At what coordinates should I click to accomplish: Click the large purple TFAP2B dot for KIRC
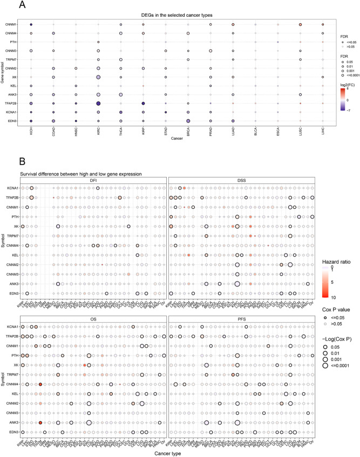pyautogui.click(x=98, y=103)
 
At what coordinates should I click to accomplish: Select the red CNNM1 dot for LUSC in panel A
pyautogui.click(x=300, y=25)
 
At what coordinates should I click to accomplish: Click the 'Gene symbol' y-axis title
pyautogui.click(x=4, y=72)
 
